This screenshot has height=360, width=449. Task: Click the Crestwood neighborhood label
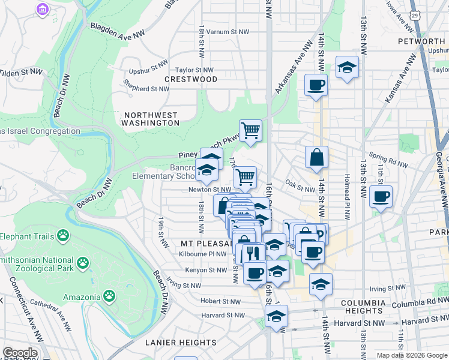tap(191, 79)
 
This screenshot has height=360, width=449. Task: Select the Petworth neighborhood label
tap(421, 41)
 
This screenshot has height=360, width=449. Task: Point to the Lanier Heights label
tap(176, 343)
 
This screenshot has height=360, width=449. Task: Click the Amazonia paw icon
tap(109, 296)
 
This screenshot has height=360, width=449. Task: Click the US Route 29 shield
tap(414, 14)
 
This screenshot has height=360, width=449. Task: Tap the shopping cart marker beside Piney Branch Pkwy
tap(250, 129)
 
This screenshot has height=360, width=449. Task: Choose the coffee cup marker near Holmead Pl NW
tap(381, 196)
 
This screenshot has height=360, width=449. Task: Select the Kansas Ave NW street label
tap(400, 79)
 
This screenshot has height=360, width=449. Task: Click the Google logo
tap(20, 353)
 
